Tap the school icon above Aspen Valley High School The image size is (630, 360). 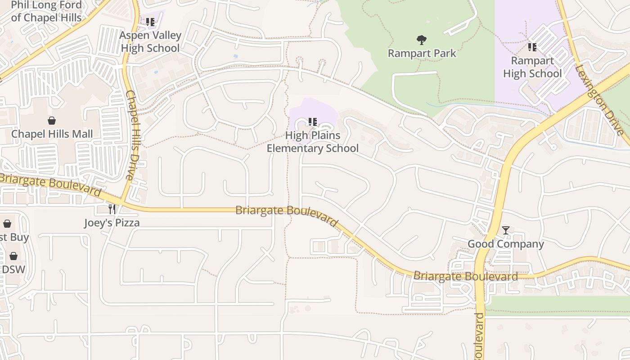150,22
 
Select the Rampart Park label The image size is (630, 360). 422,54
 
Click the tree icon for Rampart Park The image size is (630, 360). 422,40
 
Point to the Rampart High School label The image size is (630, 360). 532,67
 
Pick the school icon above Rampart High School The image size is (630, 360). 532,47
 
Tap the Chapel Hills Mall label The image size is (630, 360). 52,134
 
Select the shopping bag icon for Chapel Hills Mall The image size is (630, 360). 52,121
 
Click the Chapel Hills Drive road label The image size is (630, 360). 134,135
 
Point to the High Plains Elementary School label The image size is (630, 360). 313,142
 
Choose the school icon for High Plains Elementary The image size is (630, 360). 312,121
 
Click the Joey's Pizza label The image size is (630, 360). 112,223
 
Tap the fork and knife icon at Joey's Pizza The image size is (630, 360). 112,209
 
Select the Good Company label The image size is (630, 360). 506,244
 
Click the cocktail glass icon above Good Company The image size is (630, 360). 506,230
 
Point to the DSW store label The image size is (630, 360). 13,270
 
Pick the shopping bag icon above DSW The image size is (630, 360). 13,256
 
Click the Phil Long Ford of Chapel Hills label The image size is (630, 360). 46,12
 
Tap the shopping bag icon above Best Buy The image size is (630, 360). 7,224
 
